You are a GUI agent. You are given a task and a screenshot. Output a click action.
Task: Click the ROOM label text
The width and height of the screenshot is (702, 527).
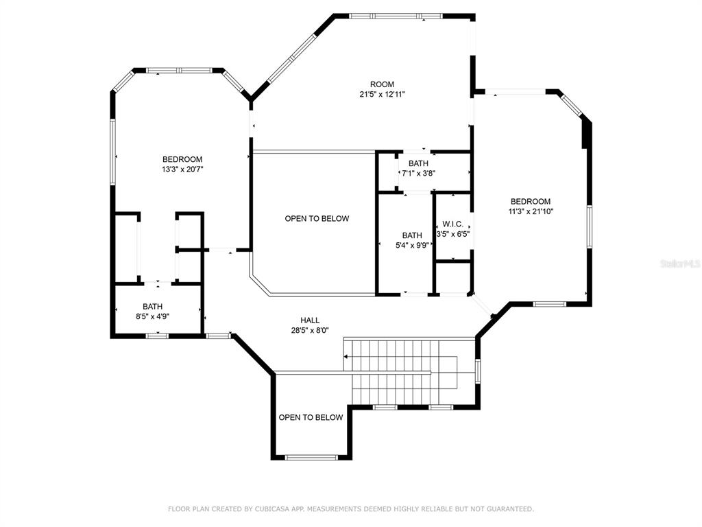coord(382,84)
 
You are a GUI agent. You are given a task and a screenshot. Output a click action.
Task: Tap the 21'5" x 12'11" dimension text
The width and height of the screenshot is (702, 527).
coord(382,95)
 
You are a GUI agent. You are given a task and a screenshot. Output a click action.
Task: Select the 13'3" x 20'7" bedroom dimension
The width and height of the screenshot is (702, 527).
coord(182,169)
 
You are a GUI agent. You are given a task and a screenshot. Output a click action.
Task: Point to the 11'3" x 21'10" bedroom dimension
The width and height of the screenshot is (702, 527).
coord(531,211)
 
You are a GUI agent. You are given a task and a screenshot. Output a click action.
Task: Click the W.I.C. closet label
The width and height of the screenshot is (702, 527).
coord(452,224)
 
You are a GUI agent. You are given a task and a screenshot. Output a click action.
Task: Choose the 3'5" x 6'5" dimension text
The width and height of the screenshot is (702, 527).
coord(452,234)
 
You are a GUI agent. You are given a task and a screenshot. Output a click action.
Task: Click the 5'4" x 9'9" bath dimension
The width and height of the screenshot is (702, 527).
coord(412,245)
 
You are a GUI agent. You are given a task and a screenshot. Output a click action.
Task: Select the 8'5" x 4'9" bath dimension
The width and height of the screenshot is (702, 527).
coord(152,316)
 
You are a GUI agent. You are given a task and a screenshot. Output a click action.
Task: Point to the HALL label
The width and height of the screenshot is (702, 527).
coord(310,320)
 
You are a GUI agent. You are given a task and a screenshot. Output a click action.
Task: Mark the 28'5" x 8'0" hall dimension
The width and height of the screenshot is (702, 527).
coord(310,331)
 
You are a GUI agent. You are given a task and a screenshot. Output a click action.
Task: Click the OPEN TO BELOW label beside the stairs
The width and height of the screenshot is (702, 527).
coord(311,418)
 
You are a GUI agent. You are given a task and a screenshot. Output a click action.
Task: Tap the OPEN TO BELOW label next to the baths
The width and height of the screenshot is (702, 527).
coord(317,219)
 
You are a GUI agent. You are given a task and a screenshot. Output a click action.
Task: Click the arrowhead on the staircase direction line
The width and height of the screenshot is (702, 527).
coord(346,357)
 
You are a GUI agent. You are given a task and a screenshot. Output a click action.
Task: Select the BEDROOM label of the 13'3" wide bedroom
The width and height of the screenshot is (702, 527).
coord(182,159)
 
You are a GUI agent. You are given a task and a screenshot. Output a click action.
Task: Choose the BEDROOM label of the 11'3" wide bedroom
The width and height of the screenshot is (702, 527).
coord(531,202)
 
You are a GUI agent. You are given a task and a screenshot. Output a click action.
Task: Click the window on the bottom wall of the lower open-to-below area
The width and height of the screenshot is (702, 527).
coord(311,458)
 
